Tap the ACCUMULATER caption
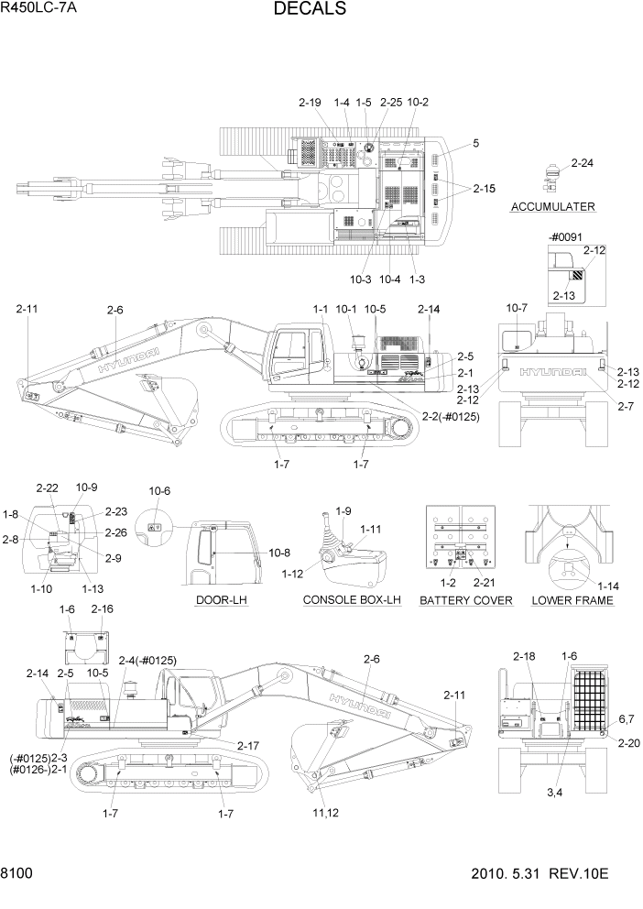(x=552, y=207)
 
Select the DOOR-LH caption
(x=222, y=600)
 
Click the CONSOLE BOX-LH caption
(x=353, y=600)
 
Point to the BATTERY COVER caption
(x=465, y=600)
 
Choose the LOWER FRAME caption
(x=572, y=600)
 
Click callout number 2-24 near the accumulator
(x=583, y=163)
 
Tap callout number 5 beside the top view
(x=475, y=143)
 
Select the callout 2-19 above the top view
(x=310, y=103)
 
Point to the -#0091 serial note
(x=566, y=237)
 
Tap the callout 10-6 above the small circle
(x=159, y=491)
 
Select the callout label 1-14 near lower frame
(x=608, y=585)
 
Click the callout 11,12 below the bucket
(x=324, y=813)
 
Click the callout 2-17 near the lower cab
(x=248, y=746)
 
